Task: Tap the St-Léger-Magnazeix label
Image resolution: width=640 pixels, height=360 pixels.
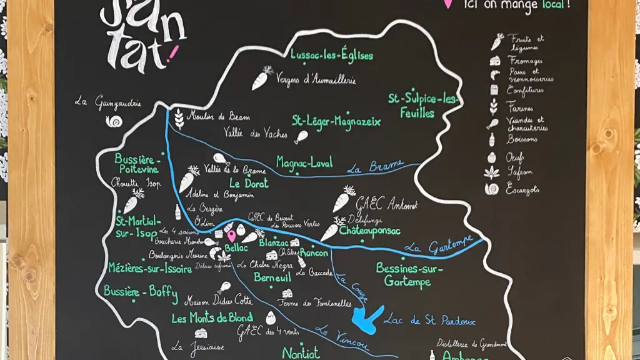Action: [x=336, y=121]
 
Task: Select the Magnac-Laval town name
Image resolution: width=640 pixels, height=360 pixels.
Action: [x=304, y=161]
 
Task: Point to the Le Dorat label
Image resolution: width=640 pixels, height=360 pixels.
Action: [x=249, y=183]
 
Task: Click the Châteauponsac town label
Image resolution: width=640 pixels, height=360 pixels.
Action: [x=370, y=230]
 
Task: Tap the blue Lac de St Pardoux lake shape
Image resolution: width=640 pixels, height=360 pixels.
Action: [x=366, y=319]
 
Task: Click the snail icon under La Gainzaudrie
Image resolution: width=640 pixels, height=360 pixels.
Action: [x=114, y=121]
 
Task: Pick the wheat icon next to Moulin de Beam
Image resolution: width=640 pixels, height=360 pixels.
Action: [x=179, y=117]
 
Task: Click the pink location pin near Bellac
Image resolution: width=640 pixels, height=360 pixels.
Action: [x=231, y=236]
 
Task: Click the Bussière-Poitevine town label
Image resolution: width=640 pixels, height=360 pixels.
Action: [x=137, y=164]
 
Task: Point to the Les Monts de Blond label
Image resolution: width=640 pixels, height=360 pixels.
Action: [x=212, y=318]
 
